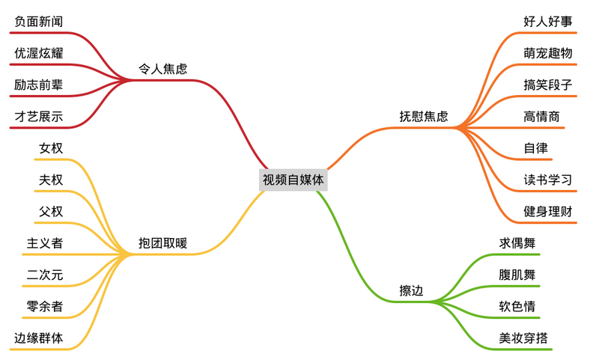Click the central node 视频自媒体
click(293, 180)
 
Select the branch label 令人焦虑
click(162, 69)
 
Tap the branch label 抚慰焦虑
click(424, 116)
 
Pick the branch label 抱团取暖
click(162, 242)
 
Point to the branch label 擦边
click(411, 290)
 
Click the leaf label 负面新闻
click(39, 22)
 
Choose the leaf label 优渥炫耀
click(39, 53)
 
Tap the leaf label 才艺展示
click(39, 117)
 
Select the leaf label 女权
click(51, 147)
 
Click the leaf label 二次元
click(45, 275)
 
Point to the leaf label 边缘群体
click(39, 338)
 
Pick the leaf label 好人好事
click(548, 22)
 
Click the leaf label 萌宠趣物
click(548, 53)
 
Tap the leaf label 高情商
click(541, 117)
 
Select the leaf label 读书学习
click(548, 180)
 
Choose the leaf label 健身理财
click(548, 211)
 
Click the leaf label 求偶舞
click(517, 242)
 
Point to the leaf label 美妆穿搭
click(523, 338)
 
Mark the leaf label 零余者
click(45, 306)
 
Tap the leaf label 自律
click(535, 147)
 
